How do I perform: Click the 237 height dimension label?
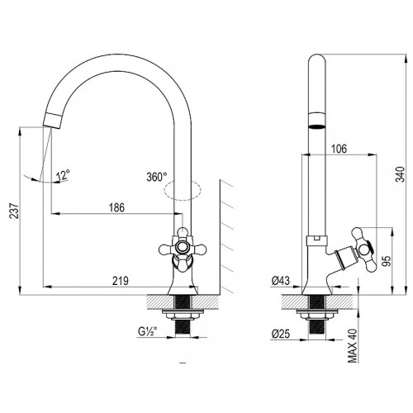(14, 211)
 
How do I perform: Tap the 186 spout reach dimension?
(117, 207)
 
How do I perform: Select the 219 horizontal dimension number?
(121, 281)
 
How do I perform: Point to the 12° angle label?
(63, 175)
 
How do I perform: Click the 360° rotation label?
(157, 177)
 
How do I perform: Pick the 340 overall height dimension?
(401, 174)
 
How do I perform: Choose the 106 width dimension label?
(339, 149)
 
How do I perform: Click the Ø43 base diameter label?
(281, 281)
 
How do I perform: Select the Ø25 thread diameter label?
(281, 334)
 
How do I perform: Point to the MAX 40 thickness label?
(353, 345)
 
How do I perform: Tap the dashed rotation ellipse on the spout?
(183, 190)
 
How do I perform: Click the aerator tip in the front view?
(53, 121)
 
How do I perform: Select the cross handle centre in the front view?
(182, 247)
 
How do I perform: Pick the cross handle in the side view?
(363, 249)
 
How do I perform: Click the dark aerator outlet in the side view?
(316, 126)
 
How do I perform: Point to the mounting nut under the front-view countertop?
(183, 315)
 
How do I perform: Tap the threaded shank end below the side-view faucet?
(317, 328)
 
